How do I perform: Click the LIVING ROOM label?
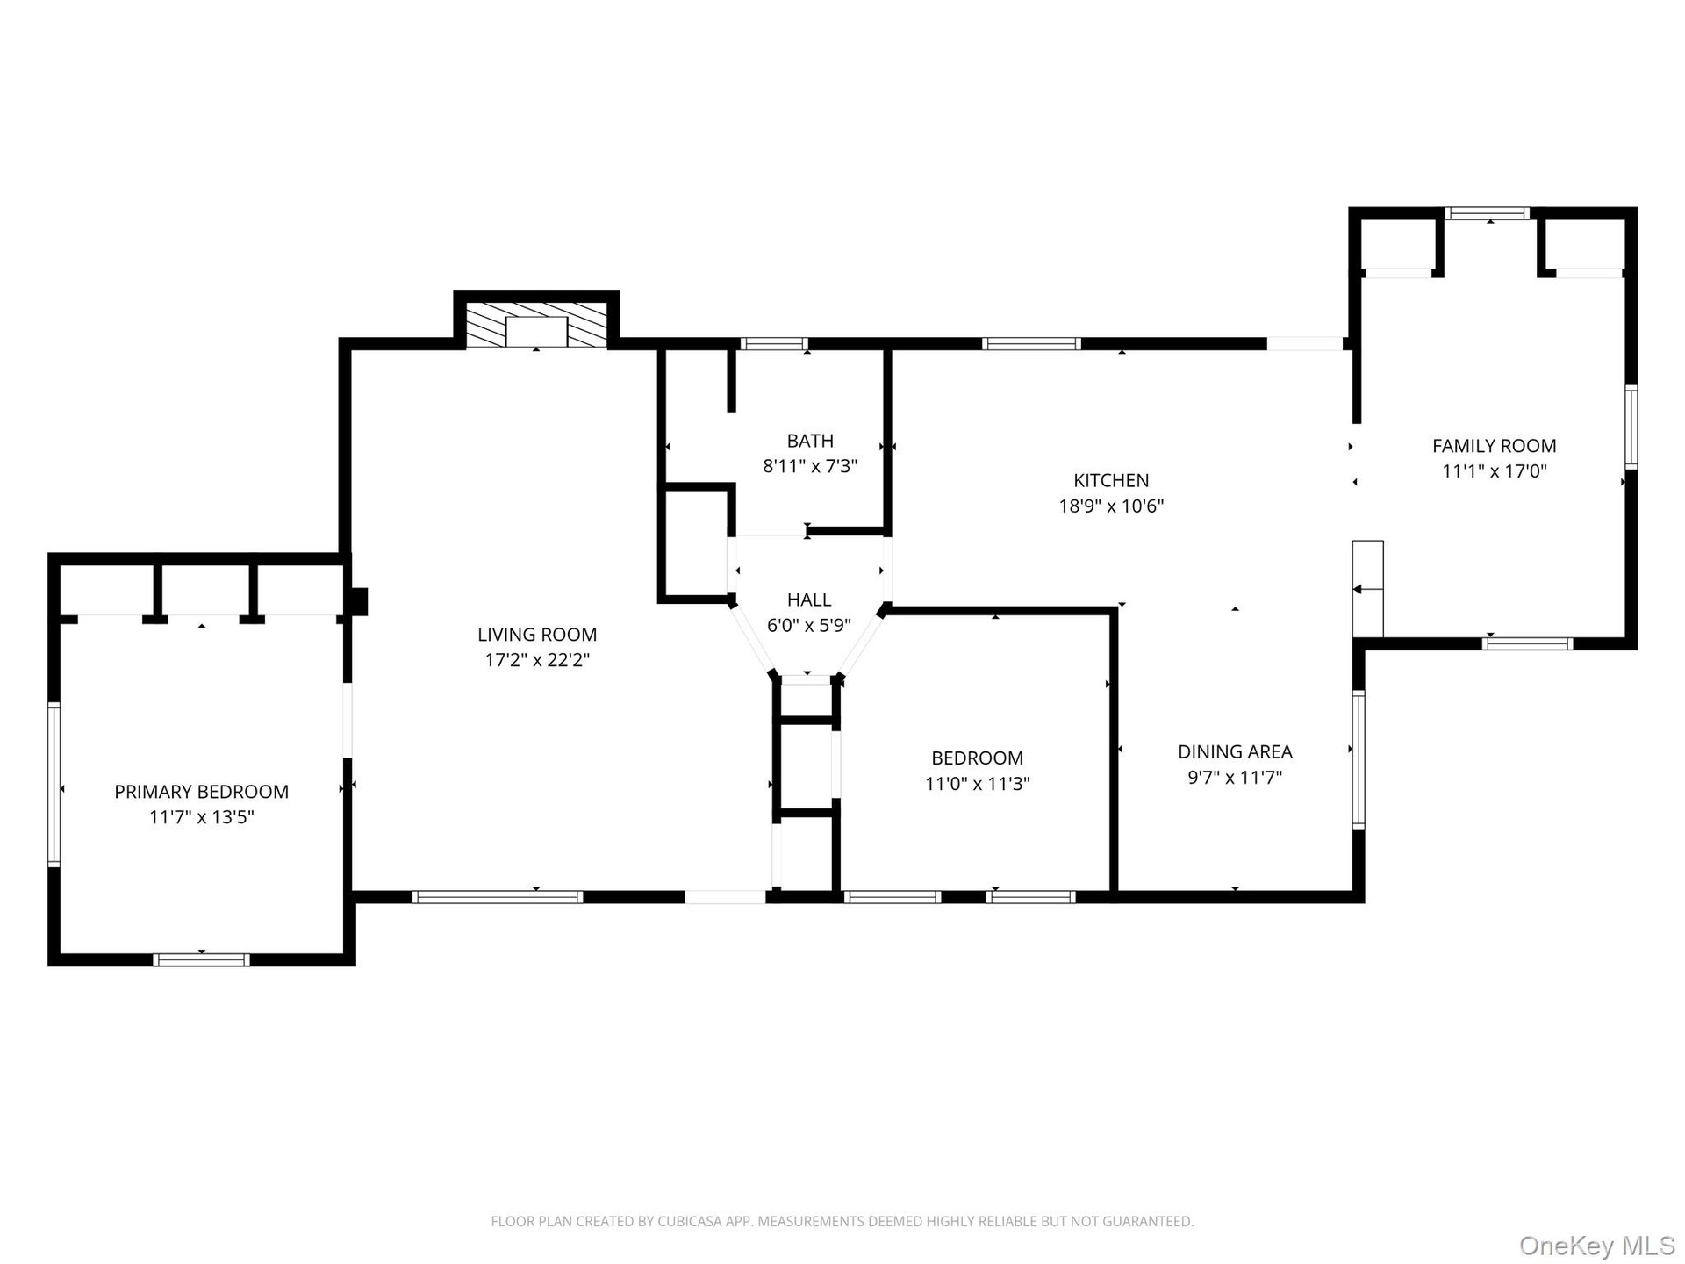pos(537,635)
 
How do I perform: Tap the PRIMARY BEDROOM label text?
pos(202,792)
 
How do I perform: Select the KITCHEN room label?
pos(1111,481)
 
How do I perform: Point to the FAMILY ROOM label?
pos(1495,446)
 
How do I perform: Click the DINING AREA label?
pos(1235,752)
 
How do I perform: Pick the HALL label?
pos(809,600)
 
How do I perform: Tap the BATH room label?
pos(810,442)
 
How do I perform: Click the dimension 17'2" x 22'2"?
pos(537,660)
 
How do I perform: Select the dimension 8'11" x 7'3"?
pos(810,467)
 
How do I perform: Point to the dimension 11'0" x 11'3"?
pos(978,784)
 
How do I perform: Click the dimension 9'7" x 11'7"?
pos(1235,778)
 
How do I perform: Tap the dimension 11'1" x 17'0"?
pos(1495,471)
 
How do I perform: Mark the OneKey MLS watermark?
pos(1597,1245)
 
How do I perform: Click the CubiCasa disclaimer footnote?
pos(842,1221)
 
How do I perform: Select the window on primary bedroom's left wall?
pos(54,785)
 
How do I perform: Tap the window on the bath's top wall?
pos(774,344)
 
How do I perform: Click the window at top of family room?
pos(1488,213)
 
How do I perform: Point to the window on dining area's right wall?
pos(1359,759)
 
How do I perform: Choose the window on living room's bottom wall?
pos(498,897)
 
